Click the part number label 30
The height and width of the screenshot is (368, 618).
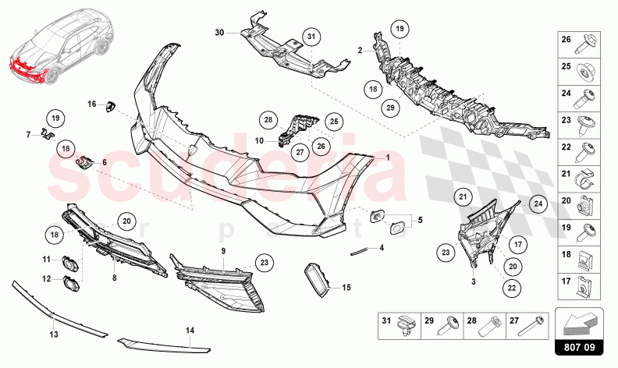pyautogui.click(x=219, y=33)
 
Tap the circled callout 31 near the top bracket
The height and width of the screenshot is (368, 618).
pyautogui.click(x=311, y=37)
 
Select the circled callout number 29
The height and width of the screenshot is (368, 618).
pyautogui.click(x=390, y=108)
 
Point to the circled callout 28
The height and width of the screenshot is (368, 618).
pyautogui.click(x=268, y=120)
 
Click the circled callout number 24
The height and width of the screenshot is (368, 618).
pyautogui.click(x=538, y=203)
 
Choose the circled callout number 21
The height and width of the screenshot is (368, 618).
pyautogui.click(x=463, y=196)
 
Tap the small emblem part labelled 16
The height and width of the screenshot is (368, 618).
pyautogui.click(x=110, y=106)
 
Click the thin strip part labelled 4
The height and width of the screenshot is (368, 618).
pyautogui.click(x=359, y=251)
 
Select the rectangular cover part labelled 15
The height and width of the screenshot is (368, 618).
pyautogui.click(x=317, y=279)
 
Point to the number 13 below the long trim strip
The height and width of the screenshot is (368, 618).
pyautogui.click(x=54, y=334)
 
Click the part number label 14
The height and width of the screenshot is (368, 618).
pyautogui.click(x=190, y=330)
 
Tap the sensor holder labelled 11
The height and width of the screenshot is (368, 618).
pyautogui.click(x=70, y=264)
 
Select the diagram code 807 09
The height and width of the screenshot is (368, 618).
pyautogui.click(x=579, y=347)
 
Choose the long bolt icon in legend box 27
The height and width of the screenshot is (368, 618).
pyautogui.click(x=533, y=325)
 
